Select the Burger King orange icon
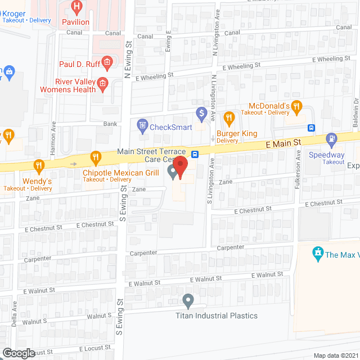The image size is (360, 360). (228, 118)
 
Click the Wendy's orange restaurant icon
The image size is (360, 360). (38, 166)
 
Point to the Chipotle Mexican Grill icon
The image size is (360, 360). (96, 157)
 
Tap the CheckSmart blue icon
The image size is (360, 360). (142, 124)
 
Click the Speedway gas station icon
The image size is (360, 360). (332, 138)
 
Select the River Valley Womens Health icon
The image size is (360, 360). (102, 84)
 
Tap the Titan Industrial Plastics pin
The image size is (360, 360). (188, 301)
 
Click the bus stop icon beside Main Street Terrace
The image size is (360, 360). (195, 154)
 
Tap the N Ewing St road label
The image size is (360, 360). (128, 62)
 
